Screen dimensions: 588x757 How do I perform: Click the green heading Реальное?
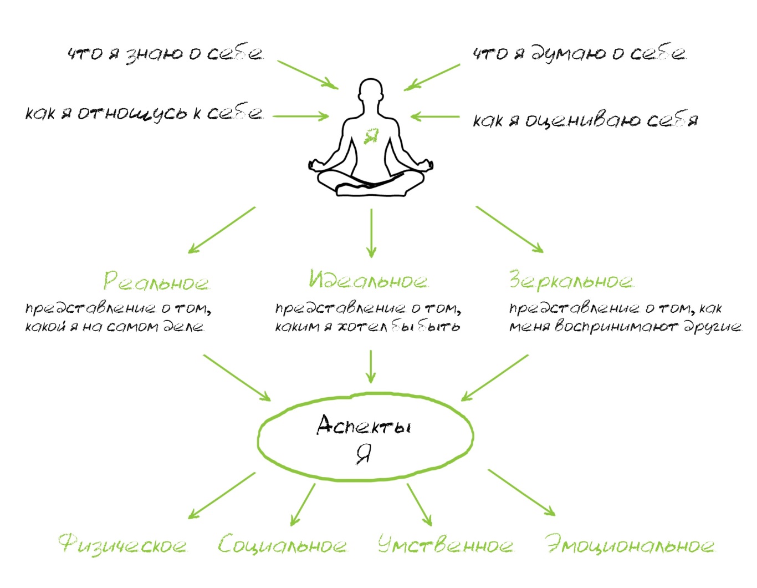coord(156,281)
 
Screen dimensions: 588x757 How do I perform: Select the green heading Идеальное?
coord(369,280)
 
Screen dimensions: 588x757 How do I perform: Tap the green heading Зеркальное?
coord(571,280)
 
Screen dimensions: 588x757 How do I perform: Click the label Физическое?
coord(122,545)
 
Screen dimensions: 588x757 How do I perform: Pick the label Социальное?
coord(283,545)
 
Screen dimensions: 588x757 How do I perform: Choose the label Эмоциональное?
coord(630,545)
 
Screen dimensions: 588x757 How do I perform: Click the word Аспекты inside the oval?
coord(364,425)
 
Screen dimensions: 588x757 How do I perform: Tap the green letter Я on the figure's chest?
coord(371,135)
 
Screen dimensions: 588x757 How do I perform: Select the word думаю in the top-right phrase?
coord(567,54)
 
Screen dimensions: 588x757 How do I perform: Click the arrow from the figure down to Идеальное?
coord(371,233)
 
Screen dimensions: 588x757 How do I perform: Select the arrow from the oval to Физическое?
coord(222,495)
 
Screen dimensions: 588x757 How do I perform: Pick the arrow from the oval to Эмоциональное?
coord(521,493)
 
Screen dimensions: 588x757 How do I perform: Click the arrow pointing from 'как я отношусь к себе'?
coord(301,116)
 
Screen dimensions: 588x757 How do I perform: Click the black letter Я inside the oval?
coord(364,455)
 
